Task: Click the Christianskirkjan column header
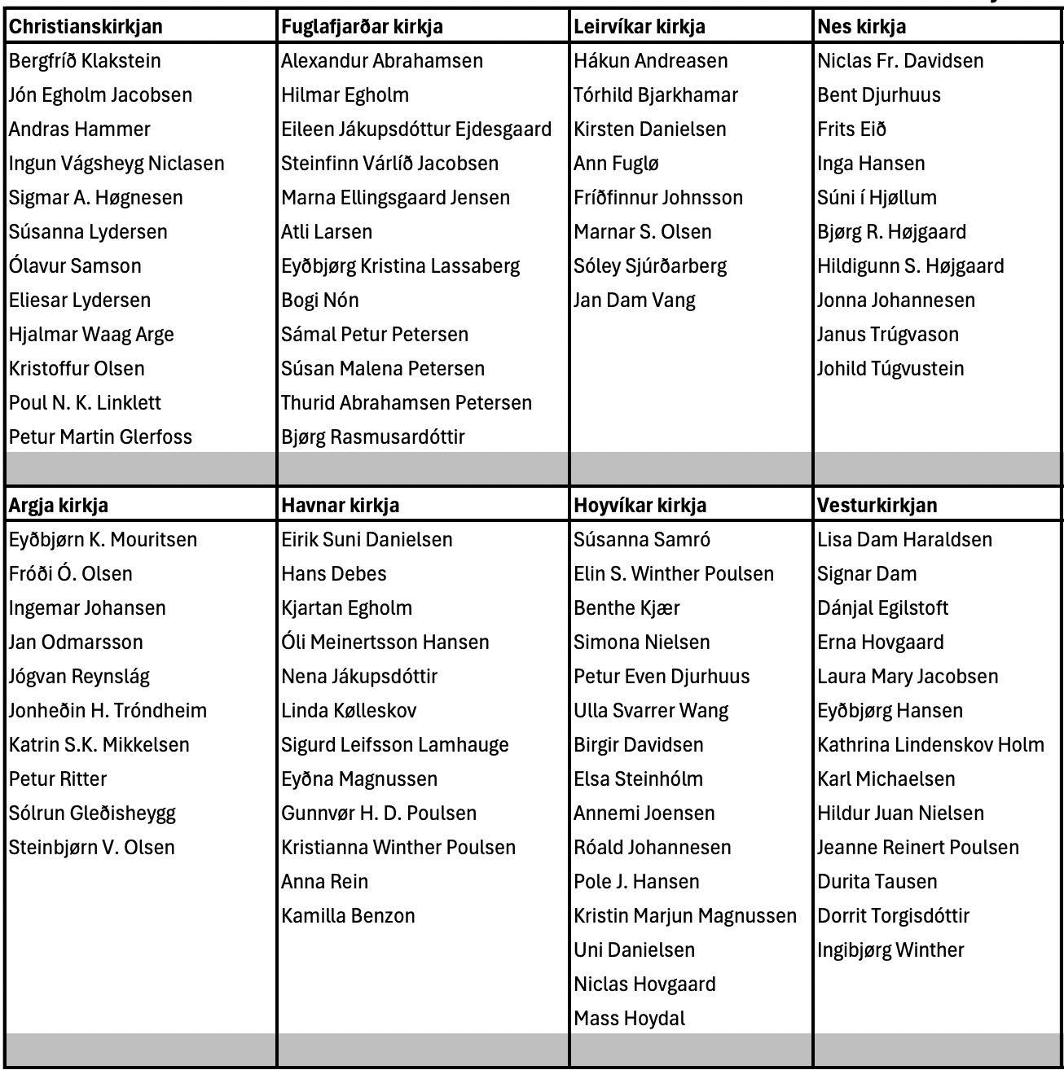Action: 86,27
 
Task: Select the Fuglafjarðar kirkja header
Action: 362,27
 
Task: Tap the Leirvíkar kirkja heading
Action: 640,27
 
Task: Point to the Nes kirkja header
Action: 861,27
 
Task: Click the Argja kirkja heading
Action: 59,506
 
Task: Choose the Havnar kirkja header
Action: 341,506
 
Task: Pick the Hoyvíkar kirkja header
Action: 640,506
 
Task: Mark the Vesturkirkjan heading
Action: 877,506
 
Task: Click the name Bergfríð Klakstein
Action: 85,61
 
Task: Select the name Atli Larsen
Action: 327,232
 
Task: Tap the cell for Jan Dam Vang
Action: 635,300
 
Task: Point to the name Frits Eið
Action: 851,129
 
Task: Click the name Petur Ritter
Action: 58,779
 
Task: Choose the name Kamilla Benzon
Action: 348,916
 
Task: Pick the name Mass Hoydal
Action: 629,1019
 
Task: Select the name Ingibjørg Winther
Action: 890,950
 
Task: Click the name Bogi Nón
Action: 320,300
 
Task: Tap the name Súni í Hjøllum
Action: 877,198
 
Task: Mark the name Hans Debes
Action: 334,574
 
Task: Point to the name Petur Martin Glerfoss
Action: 100,437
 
